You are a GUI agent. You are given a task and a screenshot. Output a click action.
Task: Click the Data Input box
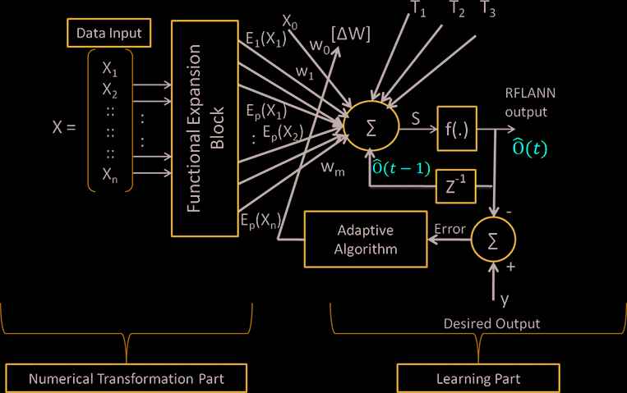(x=108, y=34)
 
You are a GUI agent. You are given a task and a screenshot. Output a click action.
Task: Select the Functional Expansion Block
(x=205, y=128)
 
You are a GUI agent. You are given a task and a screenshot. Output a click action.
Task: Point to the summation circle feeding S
(x=370, y=127)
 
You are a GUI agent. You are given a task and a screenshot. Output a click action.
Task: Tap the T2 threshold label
(x=458, y=10)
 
